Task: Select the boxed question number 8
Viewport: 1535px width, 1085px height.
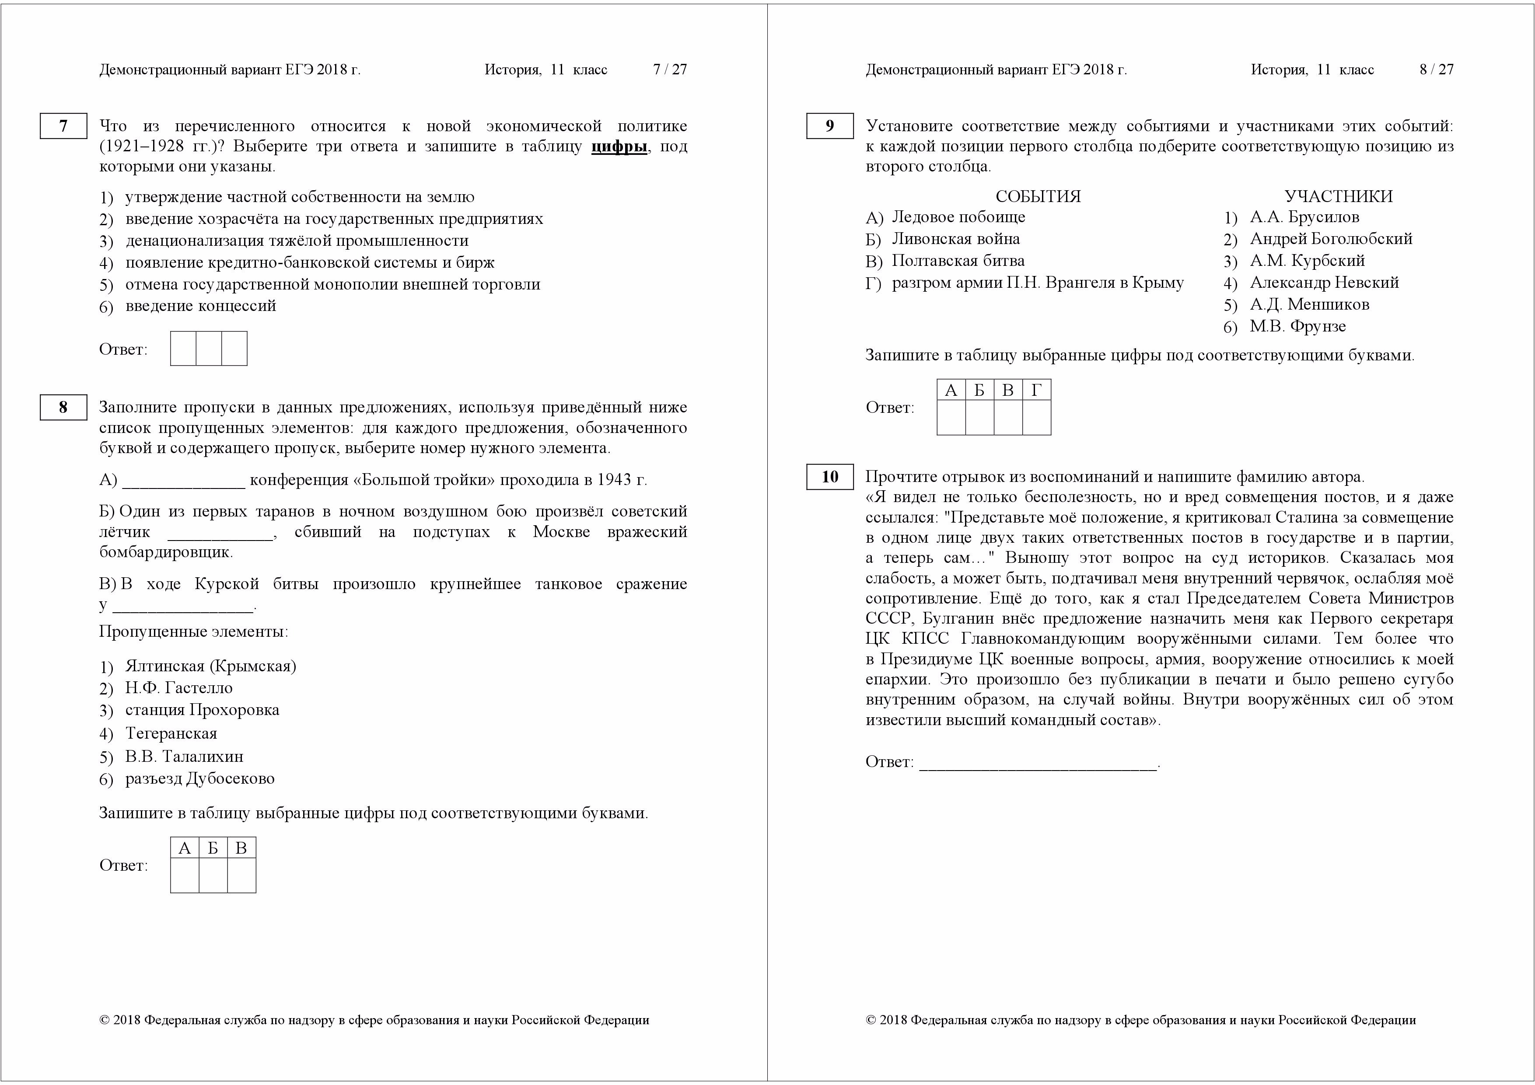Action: click(63, 407)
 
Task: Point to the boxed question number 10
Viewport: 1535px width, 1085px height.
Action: click(830, 477)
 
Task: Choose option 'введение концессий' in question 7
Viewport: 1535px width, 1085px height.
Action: click(200, 306)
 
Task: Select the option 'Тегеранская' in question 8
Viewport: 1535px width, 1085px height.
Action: click(171, 733)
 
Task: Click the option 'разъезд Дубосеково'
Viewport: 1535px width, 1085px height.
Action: click(200, 778)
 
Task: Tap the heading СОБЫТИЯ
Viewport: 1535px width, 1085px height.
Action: click(1038, 196)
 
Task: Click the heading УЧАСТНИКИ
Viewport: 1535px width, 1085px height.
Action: click(1339, 196)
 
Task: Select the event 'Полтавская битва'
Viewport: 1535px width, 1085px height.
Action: click(958, 261)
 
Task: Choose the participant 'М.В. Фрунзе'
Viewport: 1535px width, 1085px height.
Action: click(1297, 326)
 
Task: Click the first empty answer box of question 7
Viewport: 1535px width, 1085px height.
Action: click(183, 348)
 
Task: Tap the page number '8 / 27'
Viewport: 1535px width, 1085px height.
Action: click(1437, 70)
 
